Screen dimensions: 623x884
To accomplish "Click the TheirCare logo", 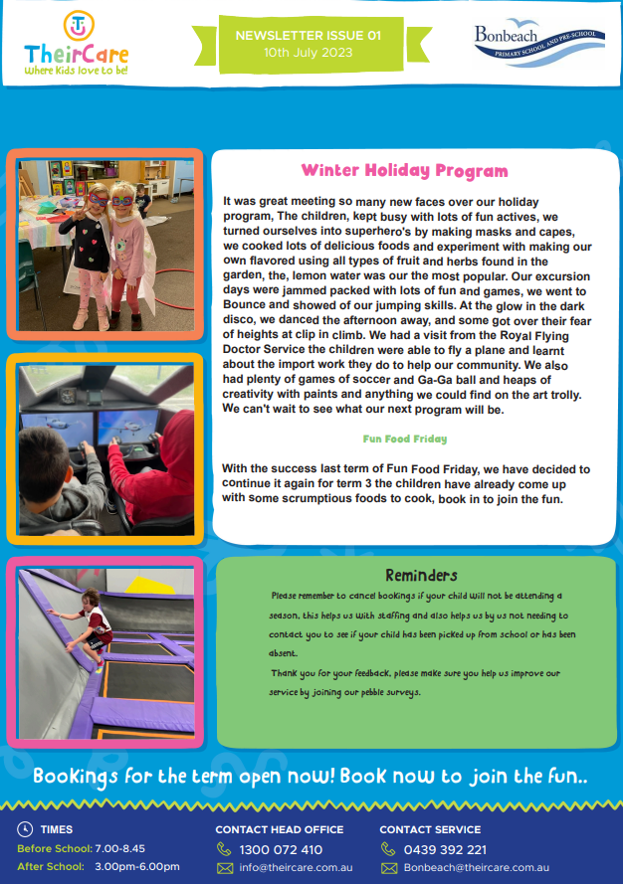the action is (77, 44).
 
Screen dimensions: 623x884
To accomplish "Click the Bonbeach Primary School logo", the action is (539, 43).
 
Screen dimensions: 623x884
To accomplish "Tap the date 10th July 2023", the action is (309, 53).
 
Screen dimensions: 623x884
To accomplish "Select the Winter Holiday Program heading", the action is (405, 170).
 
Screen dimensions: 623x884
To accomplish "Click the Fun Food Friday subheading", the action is (405, 439).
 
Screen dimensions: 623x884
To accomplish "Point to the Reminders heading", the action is (422, 575).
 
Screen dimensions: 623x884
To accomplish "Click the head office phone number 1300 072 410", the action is (281, 849).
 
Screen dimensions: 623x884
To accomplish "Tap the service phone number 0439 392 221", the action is (445, 849).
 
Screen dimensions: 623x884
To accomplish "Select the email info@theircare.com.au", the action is (296, 868).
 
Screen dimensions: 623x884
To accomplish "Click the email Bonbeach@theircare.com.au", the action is (477, 868).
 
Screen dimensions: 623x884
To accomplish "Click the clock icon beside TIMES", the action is (25, 828).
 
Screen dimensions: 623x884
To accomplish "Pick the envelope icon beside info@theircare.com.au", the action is (225, 868).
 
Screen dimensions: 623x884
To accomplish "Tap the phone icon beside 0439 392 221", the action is (388, 849).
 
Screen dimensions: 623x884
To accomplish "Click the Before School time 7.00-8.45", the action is (119, 848).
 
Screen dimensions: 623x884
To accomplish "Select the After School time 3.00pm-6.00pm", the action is (137, 866).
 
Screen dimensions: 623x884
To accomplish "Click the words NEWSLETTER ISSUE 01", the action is (309, 36).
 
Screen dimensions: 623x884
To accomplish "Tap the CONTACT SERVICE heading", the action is (430, 829).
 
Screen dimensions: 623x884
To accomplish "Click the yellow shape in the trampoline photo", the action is (148, 586).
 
